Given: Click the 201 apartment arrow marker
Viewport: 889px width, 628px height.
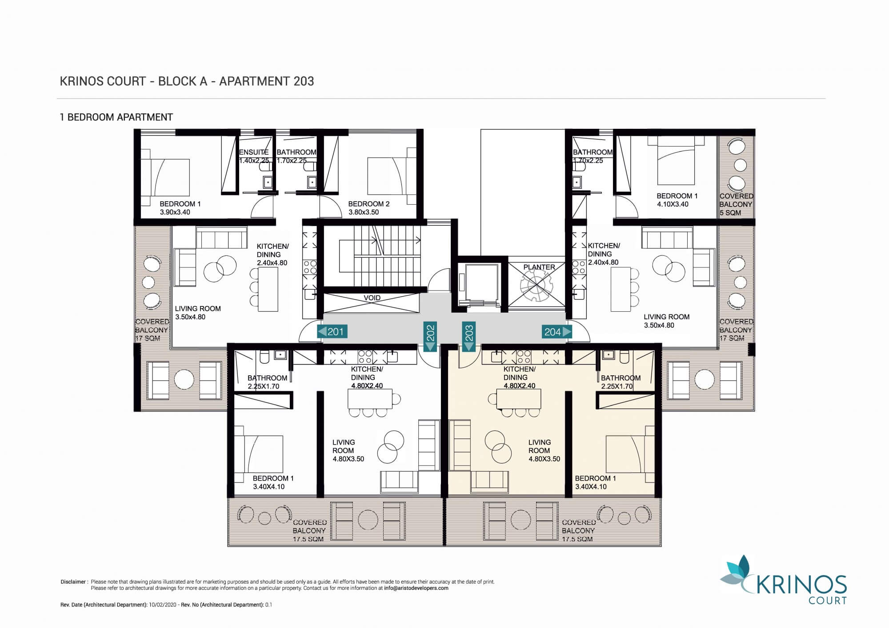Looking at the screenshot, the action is point(332,331).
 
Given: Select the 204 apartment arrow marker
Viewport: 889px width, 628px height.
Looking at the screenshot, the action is point(557,331).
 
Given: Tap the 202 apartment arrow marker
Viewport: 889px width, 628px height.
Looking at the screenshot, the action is point(430,336).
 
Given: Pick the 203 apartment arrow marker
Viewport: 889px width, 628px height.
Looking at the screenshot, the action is point(469,336).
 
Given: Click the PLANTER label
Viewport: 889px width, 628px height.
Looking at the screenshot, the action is point(539,267).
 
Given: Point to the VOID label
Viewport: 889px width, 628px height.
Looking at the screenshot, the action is point(372,298).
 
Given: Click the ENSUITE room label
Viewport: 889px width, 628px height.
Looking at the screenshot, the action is point(254,152).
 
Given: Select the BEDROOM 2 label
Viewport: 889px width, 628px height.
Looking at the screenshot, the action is point(369,204).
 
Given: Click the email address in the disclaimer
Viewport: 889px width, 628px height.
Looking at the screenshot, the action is point(416,588).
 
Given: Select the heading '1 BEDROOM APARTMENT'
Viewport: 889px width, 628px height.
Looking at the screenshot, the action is point(116,117).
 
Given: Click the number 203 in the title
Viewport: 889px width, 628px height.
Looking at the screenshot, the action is point(304,81).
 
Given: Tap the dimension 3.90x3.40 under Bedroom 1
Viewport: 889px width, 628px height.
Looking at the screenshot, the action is point(175,212).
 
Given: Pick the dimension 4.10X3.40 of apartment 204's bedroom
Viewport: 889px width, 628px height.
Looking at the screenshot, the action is point(673,204).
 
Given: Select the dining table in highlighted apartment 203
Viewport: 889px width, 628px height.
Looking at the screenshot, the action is point(519,399).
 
